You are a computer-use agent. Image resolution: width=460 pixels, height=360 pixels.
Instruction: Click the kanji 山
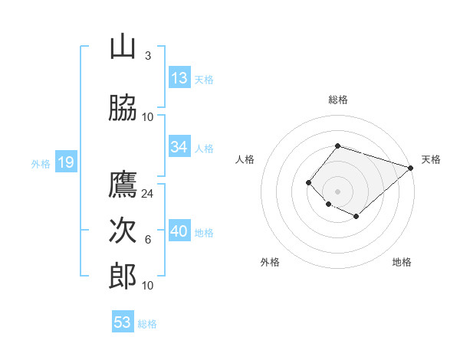pos(123,47)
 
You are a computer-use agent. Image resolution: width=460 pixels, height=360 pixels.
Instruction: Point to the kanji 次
pos(123,231)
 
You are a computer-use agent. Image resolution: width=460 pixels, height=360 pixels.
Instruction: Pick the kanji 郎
pos(123,276)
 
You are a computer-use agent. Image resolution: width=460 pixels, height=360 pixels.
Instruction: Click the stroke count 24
pos(148,194)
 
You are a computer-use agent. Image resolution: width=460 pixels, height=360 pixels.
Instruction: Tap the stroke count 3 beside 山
pos(147,56)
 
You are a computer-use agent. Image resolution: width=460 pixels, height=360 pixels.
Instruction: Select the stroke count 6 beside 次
pos(147,240)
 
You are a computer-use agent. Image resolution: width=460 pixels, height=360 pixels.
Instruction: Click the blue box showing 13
pos(179,78)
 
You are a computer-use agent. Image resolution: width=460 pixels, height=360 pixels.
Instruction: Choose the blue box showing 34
pos(179,147)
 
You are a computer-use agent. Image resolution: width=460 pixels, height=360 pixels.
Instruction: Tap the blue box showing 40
pos(179,231)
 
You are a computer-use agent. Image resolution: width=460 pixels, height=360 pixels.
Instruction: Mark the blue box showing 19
pos(65,162)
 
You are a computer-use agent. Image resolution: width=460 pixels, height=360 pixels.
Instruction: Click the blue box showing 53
pos(123,322)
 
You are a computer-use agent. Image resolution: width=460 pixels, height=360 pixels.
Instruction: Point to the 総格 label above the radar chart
pos(338,100)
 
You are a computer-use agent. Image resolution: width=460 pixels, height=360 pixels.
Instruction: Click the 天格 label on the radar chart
pos(431,159)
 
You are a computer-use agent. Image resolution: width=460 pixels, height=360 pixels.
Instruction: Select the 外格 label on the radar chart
pos(270,262)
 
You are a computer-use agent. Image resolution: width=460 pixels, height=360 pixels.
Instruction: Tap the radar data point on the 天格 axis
pos(411,168)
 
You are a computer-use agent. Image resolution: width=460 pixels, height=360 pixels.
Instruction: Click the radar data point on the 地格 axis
pos(356,217)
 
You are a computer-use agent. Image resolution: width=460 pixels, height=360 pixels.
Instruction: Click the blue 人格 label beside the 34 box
pos(204,148)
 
